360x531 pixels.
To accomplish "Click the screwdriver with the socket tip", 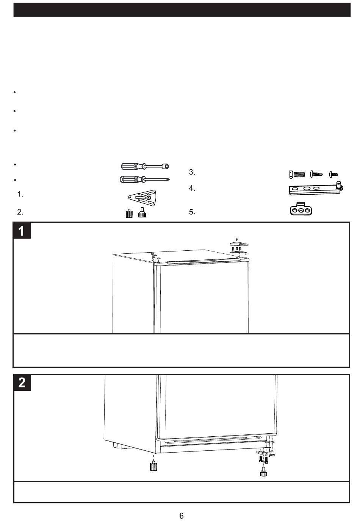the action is point(145,166).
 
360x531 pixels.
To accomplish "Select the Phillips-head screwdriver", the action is point(145,179).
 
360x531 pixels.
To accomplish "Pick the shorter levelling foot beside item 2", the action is point(129,213).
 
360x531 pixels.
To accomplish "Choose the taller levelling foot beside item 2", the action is point(142,212).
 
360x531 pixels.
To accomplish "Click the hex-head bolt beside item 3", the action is point(297,174).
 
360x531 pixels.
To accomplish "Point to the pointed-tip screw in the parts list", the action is point(316,174).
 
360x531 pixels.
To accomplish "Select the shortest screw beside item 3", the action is point(333,175).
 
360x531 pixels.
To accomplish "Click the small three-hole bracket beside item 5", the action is point(301,209).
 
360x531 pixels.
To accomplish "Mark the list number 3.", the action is point(192,172).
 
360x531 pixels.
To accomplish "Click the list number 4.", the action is point(192,188).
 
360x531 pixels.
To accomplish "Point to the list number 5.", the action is point(192,212).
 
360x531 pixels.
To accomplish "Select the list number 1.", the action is point(20,194).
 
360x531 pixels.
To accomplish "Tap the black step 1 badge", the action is point(22,231).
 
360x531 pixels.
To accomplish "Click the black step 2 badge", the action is point(22,383).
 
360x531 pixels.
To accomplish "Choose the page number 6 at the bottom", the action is point(182,515).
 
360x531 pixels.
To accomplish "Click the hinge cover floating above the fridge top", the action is point(239,244).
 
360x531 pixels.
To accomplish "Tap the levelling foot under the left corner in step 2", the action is point(153,465).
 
